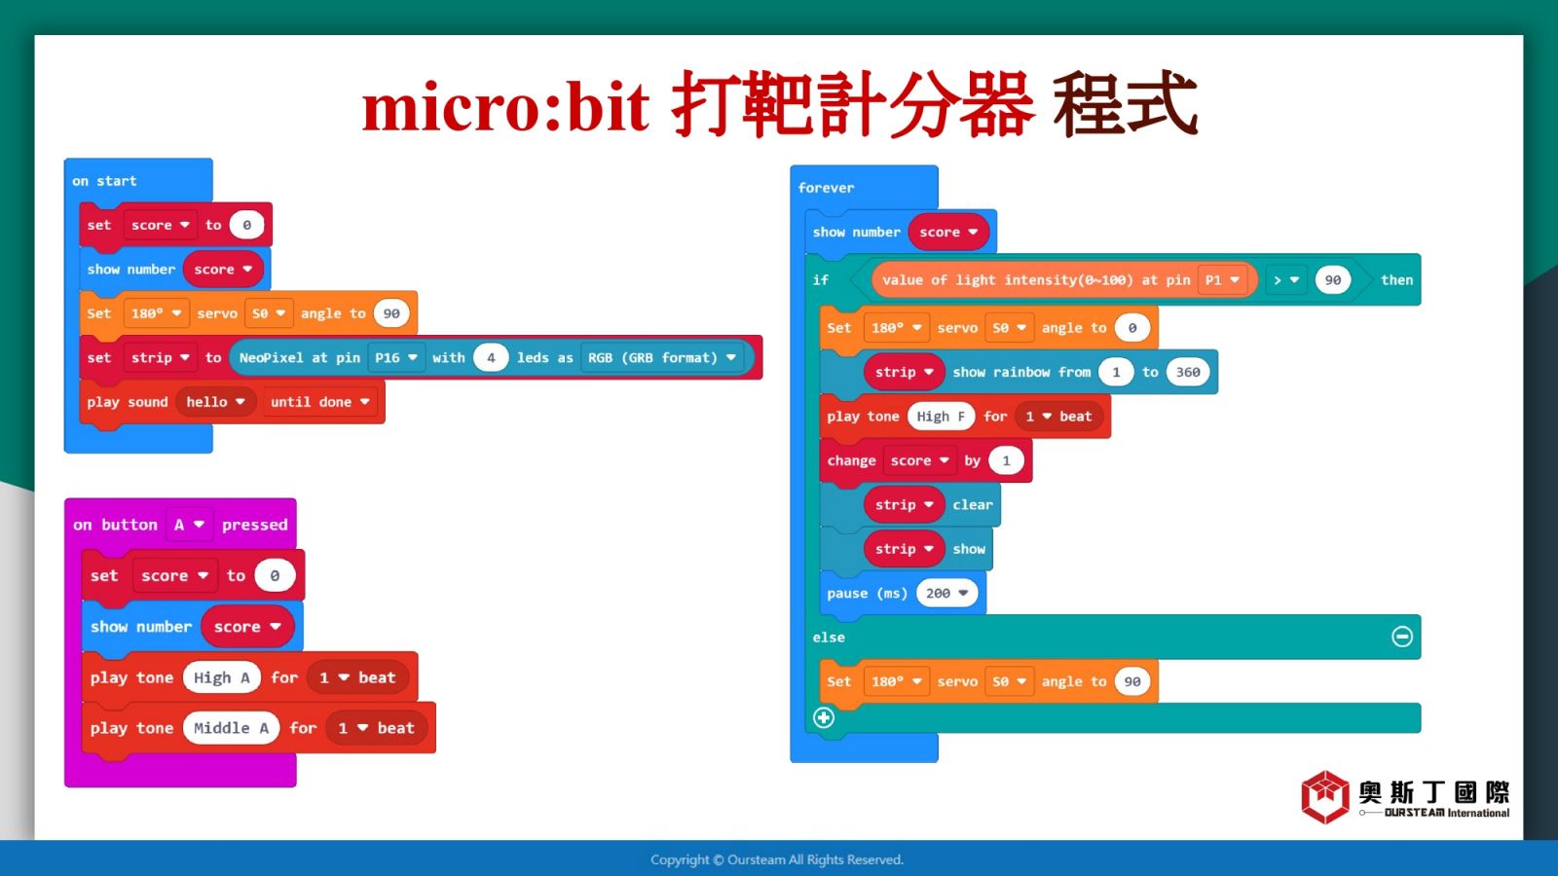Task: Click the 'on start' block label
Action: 104,181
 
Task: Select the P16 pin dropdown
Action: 395,357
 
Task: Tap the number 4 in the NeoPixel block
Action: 491,357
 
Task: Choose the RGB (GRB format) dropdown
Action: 661,357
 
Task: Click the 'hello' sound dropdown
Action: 215,402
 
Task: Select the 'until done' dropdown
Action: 320,402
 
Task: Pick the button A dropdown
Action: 189,525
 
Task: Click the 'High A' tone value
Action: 222,677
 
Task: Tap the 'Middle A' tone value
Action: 231,728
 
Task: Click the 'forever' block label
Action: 827,188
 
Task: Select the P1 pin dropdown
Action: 1222,279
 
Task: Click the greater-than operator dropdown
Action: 1286,279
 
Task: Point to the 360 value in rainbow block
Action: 1188,372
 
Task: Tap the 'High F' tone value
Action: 941,416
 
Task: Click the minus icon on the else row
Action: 1401,637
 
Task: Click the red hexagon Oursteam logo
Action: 1325,797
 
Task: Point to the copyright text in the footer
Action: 777,859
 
